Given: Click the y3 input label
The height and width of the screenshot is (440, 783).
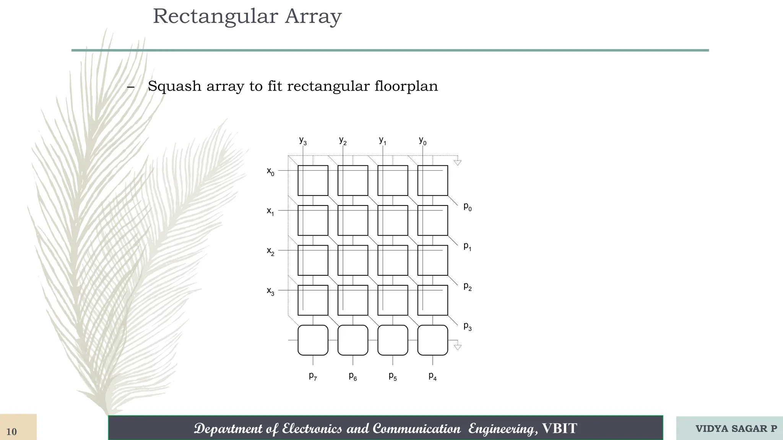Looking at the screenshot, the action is (303, 141).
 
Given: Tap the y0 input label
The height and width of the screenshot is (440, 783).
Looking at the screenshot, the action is (422, 141).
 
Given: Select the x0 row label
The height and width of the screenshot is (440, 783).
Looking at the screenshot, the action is (270, 171).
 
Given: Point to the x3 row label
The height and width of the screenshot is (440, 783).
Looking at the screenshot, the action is (270, 291).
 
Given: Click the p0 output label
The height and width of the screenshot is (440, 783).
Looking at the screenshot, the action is (468, 207).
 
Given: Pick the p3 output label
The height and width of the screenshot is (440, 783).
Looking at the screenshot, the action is (468, 326).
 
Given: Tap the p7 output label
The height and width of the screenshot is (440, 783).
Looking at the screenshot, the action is (313, 376).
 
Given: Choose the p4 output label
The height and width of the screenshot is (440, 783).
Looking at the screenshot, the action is (432, 376).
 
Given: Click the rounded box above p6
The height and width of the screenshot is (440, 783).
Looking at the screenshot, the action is (353, 340).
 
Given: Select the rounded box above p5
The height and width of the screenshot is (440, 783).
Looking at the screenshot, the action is (393, 340).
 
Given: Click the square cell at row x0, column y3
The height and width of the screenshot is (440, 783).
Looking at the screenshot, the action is (313, 180).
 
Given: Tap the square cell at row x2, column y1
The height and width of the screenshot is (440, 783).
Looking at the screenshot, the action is (393, 260).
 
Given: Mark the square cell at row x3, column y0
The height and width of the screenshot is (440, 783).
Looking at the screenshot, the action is (432, 300).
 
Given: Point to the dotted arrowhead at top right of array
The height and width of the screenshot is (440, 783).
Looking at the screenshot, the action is (457, 162).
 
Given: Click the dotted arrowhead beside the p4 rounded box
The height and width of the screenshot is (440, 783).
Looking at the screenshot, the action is (457, 347).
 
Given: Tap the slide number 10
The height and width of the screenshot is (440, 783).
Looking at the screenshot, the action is (12, 432).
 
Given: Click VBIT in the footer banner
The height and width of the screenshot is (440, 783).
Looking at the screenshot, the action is (559, 429).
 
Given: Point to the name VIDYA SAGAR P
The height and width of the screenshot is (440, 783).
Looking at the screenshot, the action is (736, 429).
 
